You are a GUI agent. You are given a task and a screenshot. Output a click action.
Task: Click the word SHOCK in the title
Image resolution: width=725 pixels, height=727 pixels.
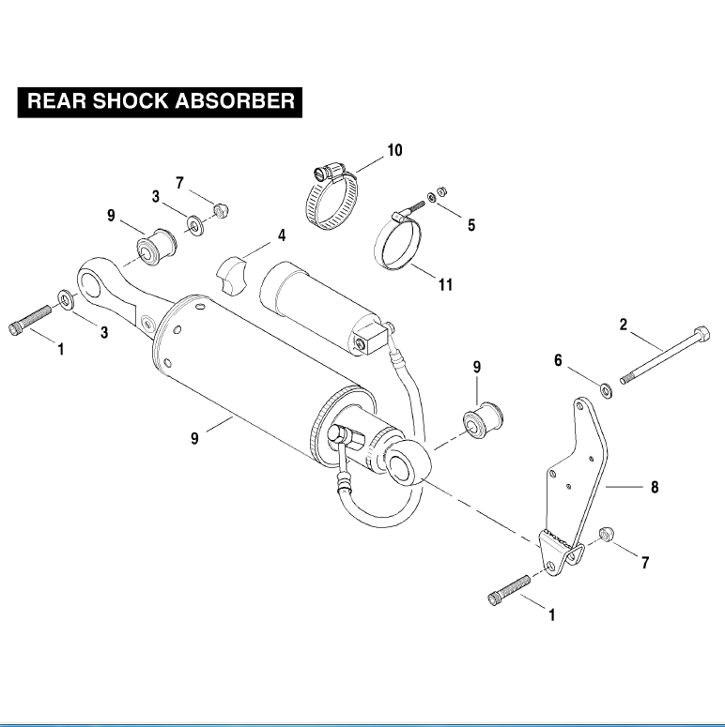[x=126, y=101]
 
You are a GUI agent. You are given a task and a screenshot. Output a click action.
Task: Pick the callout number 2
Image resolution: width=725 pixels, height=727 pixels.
[x=623, y=326]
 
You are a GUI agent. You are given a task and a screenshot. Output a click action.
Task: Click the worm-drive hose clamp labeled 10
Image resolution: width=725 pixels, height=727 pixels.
[x=334, y=199]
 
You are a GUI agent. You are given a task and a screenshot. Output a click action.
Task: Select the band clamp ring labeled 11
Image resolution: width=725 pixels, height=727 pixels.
[x=400, y=246]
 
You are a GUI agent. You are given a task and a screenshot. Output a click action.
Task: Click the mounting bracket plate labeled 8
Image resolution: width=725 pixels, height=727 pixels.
[x=574, y=478]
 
